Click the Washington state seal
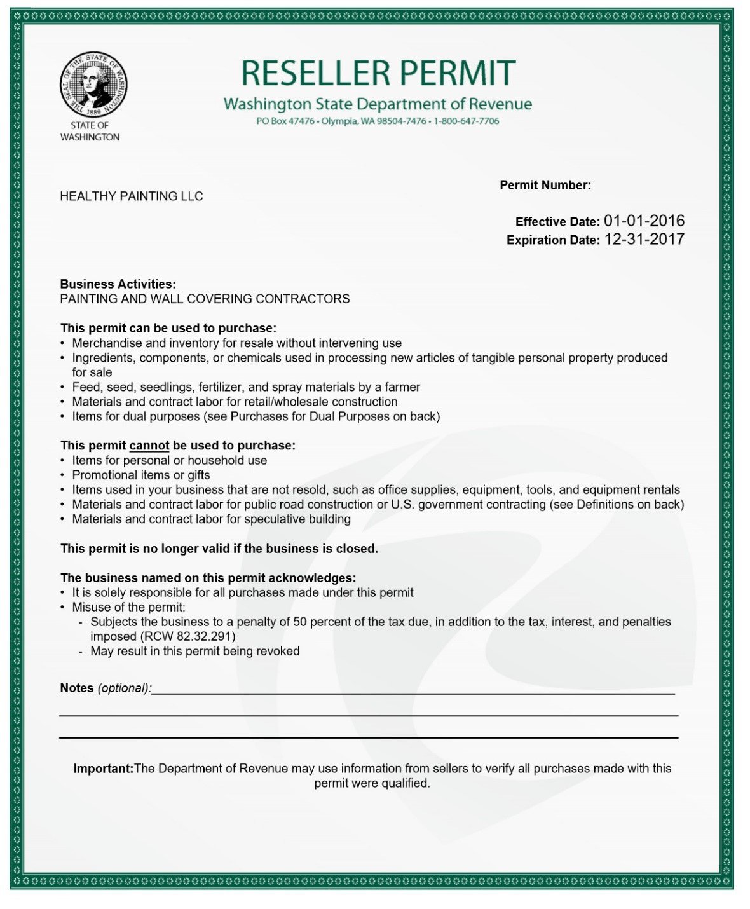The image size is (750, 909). (93, 85)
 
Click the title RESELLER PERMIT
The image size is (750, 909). (378, 73)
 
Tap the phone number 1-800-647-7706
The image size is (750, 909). (467, 121)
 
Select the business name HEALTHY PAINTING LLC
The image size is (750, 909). (132, 196)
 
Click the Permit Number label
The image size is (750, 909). (545, 186)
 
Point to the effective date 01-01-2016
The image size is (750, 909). (644, 221)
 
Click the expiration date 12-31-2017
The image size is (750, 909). (644, 240)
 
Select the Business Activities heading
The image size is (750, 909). (118, 284)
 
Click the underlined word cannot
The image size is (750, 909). (149, 446)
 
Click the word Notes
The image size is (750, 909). (76, 688)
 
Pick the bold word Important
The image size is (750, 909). (103, 769)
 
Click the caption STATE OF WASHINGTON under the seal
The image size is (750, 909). (90, 132)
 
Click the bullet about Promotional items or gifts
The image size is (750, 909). (140, 475)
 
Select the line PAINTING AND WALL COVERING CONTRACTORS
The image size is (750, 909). (205, 299)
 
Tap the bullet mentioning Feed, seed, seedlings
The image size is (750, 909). (245, 387)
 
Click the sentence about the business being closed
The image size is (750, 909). (219, 549)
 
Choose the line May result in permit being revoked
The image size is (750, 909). (194, 651)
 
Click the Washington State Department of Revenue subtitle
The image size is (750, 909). (378, 104)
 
